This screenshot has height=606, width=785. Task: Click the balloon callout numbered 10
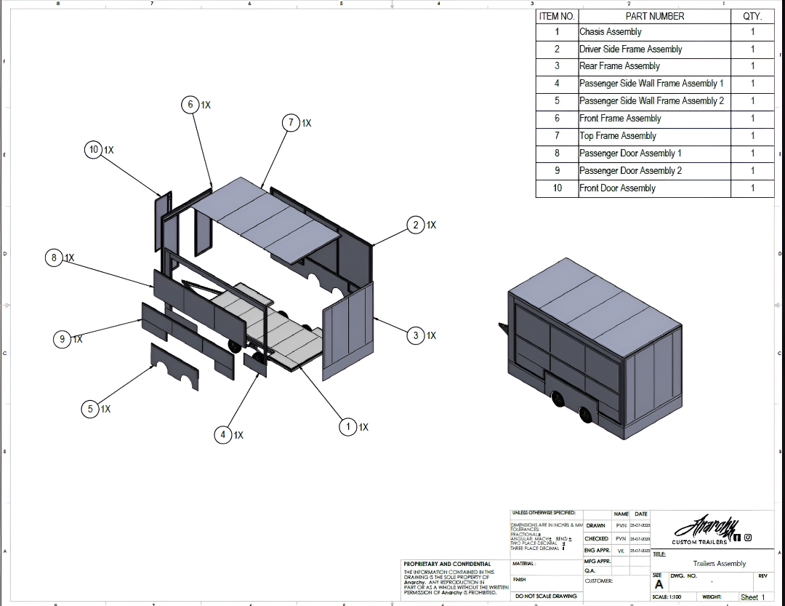point(94,150)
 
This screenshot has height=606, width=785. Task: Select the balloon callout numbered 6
point(191,105)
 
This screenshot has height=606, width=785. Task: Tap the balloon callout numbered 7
point(291,123)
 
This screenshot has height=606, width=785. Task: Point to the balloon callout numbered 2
point(416,226)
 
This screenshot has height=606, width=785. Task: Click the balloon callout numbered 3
point(416,335)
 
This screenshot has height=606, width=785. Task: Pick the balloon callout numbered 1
point(348,427)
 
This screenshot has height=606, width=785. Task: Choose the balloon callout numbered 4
point(223,435)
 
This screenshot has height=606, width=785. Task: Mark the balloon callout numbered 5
point(91,409)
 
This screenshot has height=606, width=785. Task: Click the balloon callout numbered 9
point(62,339)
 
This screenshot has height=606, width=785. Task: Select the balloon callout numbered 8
point(54,258)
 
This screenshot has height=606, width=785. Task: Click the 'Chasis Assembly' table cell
point(654,32)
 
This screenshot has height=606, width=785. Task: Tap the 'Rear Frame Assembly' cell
point(654,66)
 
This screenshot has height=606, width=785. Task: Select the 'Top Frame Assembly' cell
point(654,136)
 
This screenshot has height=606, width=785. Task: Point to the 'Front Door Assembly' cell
point(654,188)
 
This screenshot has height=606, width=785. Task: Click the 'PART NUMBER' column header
point(654,15)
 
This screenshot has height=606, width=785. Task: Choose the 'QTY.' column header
point(752,15)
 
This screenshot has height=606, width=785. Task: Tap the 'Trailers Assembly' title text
point(719,564)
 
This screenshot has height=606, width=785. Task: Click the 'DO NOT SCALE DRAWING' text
point(546,596)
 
